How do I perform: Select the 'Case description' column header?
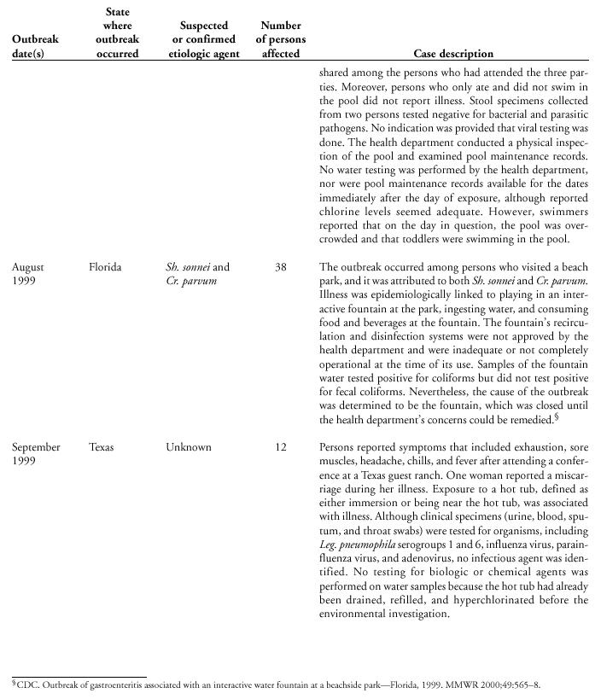[x=453, y=54]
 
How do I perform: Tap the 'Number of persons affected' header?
[x=281, y=39]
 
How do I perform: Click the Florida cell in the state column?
[x=105, y=267]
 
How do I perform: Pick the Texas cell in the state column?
[x=102, y=447]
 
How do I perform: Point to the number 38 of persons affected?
[x=281, y=267]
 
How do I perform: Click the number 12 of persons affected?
[x=281, y=447]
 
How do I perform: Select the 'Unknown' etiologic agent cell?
[x=189, y=447]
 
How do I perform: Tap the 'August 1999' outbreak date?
[x=28, y=274]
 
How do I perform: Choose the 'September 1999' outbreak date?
[x=37, y=454]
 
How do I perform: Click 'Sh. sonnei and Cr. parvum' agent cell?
[x=197, y=274]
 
